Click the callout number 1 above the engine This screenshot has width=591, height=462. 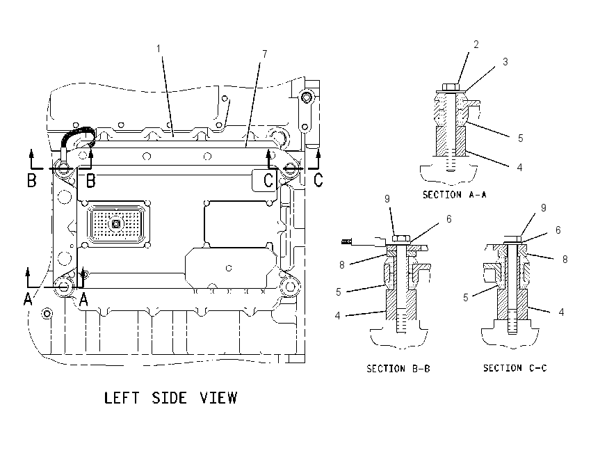coord(159,49)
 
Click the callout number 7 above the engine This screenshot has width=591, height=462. coord(265,54)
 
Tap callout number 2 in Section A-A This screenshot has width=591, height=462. coord(476,45)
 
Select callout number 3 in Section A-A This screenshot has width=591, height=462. coord(505,61)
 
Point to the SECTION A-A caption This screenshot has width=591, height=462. coord(455,195)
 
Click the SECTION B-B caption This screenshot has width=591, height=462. coord(398,368)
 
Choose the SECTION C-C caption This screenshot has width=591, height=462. coord(515,367)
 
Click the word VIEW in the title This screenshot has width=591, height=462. coord(218,398)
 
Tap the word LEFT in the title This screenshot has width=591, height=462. coord(122,398)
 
